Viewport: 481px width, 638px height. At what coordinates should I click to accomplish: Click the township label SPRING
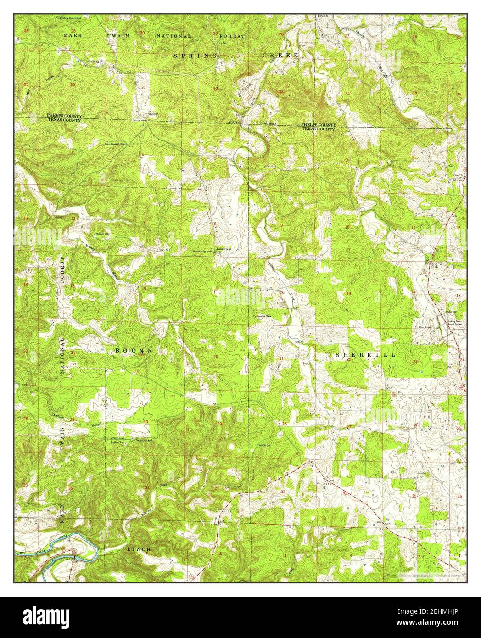[x=196, y=55]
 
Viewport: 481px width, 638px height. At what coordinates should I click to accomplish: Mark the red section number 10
[x=347, y=227]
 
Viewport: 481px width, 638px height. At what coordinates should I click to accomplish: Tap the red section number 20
[x=215, y=356]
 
